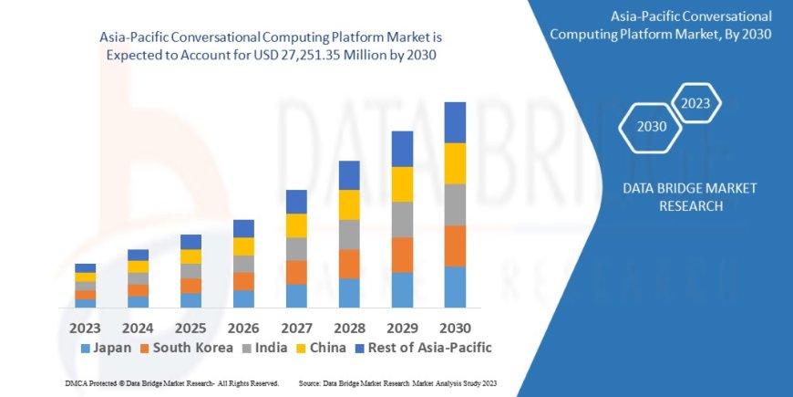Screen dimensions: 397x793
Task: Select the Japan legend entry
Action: pyautogui.click(x=107, y=348)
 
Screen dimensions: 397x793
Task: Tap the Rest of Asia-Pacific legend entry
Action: pyautogui.click(x=422, y=348)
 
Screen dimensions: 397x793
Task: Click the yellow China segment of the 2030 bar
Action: pyautogui.click(x=455, y=163)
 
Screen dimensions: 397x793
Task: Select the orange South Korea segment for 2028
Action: pyautogui.click(x=349, y=264)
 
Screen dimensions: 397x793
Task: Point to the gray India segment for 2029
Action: pyautogui.click(x=402, y=219)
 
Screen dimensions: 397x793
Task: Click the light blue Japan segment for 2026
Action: pyautogui.click(x=243, y=298)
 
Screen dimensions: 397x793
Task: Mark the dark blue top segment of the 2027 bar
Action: pyautogui.click(x=296, y=202)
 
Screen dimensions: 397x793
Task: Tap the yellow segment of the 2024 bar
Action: pyautogui.click(x=138, y=266)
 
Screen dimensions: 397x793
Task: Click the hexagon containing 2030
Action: pyautogui.click(x=650, y=127)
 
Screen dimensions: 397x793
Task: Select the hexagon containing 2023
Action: pyautogui.click(x=695, y=102)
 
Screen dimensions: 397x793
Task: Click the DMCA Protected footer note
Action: pyautogui.click(x=172, y=383)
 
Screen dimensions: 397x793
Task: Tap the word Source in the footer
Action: pyautogui.click(x=309, y=383)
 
